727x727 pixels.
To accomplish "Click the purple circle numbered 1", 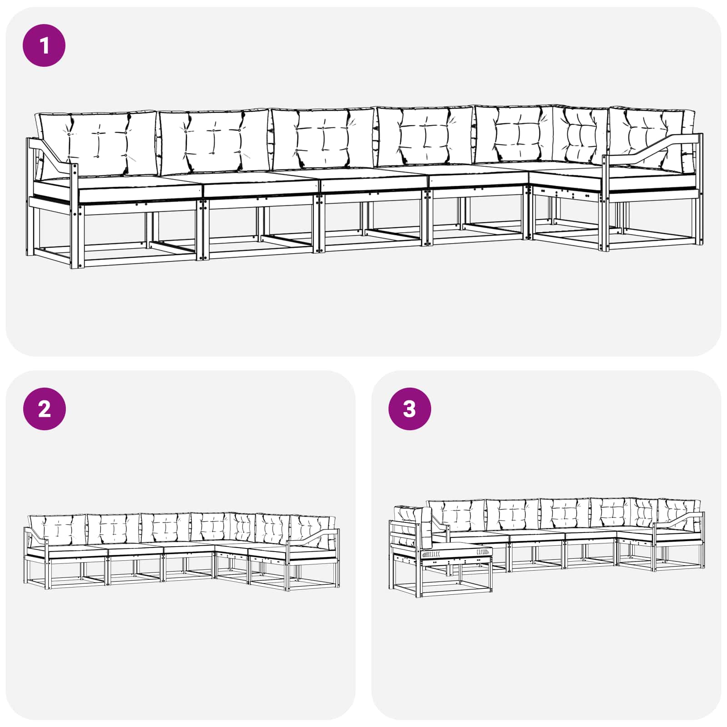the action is (44, 45).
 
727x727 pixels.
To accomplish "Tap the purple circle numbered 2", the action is (44, 409).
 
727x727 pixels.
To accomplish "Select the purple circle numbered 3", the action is (409, 409).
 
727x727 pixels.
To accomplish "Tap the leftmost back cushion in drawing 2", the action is (57, 530).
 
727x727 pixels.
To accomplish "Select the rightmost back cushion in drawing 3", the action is (679, 515).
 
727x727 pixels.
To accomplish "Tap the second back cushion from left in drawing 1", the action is (214, 141).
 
